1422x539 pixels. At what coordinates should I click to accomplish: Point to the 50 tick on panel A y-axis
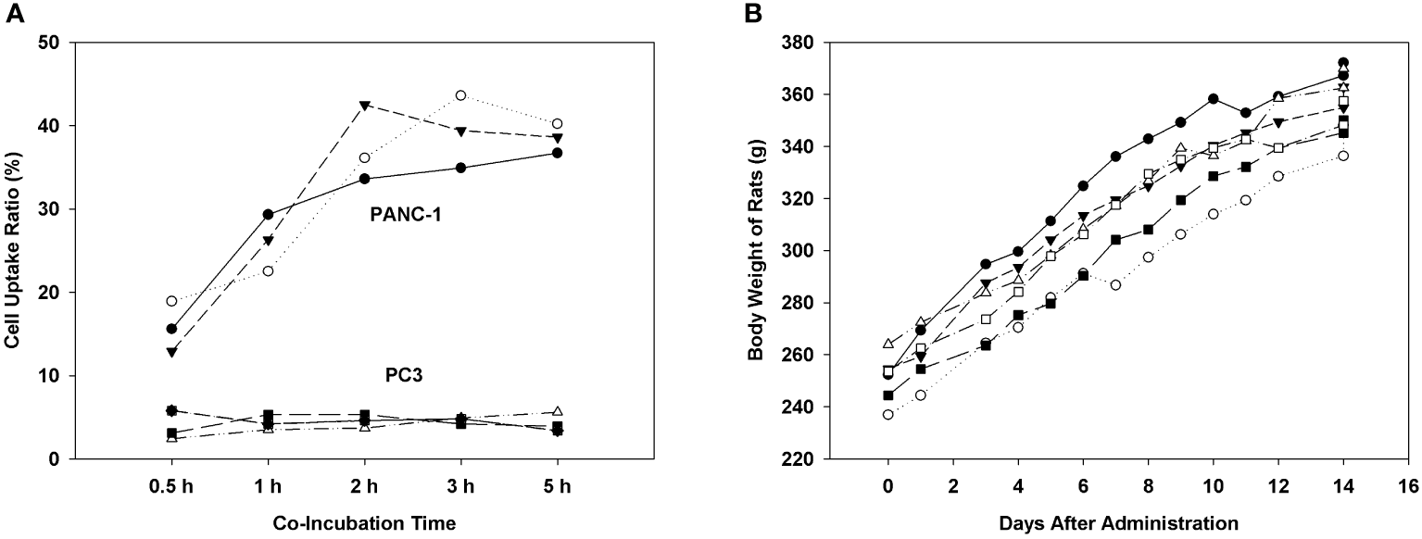pyautogui.click(x=50, y=43)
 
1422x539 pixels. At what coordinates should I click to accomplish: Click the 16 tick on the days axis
pyautogui.click(x=1409, y=483)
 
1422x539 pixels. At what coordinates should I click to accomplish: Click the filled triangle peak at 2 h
pyautogui.click(x=364, y=106)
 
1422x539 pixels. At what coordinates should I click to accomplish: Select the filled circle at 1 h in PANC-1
pyautogui.click(x=268, y=215)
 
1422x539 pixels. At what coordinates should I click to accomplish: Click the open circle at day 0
pyautogui.click(x=888, y=414)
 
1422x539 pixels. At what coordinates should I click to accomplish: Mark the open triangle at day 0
pyautogui.click(x=888, y=344)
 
